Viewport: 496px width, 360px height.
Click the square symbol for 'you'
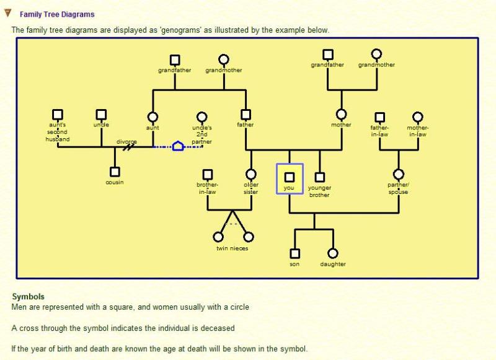290,177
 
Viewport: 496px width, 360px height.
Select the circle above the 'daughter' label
333,253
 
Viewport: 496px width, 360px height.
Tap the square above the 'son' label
294,253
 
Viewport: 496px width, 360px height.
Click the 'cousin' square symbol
114,172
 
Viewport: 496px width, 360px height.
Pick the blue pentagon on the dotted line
178,146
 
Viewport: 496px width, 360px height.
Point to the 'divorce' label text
126,142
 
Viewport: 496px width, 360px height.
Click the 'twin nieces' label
232,248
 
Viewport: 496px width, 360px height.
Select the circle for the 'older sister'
251,175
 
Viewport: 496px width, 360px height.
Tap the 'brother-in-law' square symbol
208,175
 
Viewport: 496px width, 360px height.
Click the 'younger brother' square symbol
319,177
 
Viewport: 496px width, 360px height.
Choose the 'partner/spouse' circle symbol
398,175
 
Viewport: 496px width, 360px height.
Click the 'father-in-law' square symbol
379,117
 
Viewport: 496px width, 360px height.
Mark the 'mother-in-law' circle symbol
418,117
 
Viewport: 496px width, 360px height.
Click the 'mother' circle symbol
341,115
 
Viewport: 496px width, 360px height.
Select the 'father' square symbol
246,115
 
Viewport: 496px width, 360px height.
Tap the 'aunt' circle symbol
153,116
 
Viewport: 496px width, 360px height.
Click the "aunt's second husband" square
58,115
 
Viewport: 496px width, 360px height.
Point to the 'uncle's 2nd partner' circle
201,116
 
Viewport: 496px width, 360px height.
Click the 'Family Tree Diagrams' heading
57,14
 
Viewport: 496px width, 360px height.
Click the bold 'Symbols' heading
28,297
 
